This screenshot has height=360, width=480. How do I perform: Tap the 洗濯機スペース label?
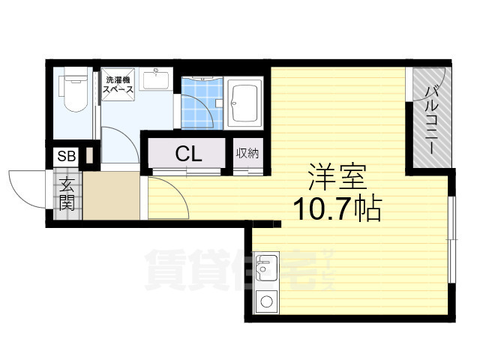[x=119, y=85]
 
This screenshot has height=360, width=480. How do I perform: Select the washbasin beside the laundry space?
[x=156, y=78]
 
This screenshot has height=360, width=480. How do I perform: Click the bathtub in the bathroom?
[x=245, y=102]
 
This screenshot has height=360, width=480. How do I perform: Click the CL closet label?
[x=187, y=154]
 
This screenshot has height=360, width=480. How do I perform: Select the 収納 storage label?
[x=247, y=154]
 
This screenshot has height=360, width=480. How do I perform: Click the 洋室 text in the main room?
[x=337, y=178]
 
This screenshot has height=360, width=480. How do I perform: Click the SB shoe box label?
[x=65, y=157]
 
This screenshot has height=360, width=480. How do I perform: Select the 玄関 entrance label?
[x=66, y=193]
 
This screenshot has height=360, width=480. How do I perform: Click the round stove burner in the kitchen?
[x=265, y=304]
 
